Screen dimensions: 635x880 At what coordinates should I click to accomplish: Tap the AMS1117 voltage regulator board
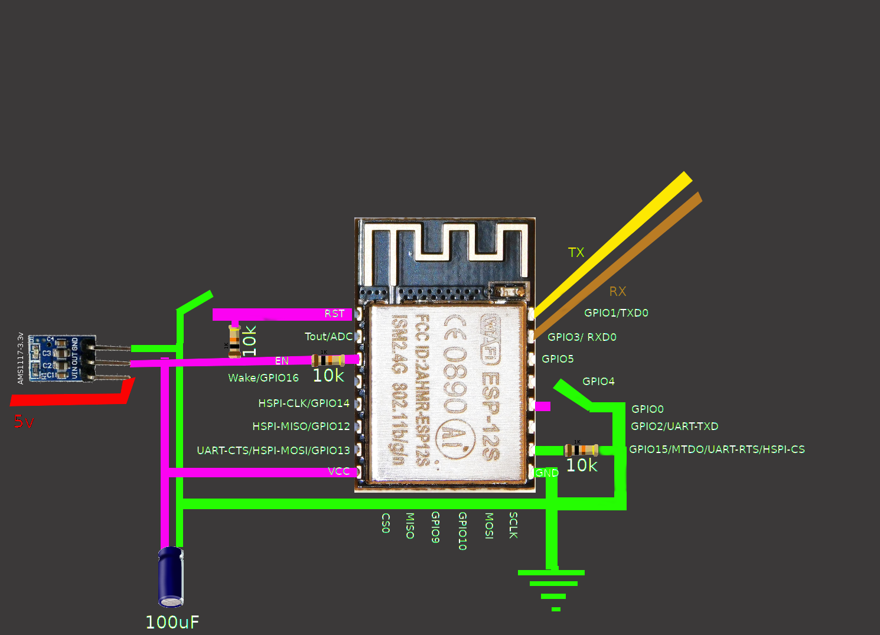tap(62, 358)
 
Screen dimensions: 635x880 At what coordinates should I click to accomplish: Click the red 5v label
tap(24, 422)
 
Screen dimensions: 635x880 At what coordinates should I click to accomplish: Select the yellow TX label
tap(576, 253)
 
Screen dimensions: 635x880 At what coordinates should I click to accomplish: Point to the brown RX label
tap(617, 291)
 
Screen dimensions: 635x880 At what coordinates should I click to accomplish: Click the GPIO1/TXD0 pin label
tap(616, 313)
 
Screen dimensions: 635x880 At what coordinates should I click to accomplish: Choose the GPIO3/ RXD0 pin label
tap(582, 337)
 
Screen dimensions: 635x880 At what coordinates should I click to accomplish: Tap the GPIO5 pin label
tap(558, 359)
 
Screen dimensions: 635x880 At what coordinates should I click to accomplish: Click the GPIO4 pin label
tap(598, 382)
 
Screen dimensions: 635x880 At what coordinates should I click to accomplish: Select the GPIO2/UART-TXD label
tap(674, 426)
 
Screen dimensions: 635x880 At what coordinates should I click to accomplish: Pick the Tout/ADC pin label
tap(328, 337)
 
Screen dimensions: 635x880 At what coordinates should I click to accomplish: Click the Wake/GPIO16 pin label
tap(263, 378)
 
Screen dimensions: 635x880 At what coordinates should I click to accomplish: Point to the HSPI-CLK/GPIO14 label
tap(304, 403)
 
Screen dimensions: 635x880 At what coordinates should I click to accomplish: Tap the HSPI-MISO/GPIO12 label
tap(301, 426)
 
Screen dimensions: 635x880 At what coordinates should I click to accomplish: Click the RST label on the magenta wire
tap(334, 314)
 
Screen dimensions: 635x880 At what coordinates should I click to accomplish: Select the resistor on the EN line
tap(328, 360)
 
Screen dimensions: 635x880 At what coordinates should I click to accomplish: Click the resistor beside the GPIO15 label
tap(581, 450)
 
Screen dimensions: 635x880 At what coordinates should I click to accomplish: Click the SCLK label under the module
tap(513, 525)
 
